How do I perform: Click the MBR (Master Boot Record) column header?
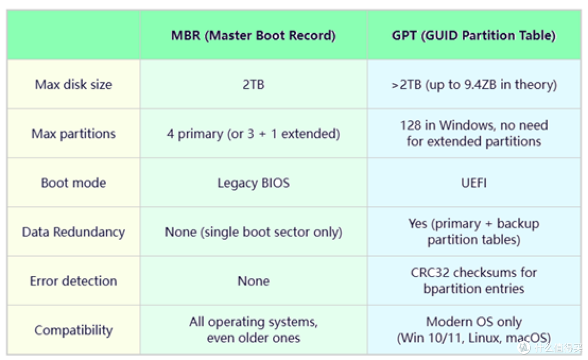click(254, 35)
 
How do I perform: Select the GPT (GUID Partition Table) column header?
click(474, 35)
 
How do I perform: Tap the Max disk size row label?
click(73, 84)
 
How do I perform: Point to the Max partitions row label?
click(73, 133)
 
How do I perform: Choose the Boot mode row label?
click(73, 182)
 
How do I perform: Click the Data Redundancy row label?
click(73, 232)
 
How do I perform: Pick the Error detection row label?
click(73, 281)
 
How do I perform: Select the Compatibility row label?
click(73, 330)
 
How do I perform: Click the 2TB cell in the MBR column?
click(254, 84)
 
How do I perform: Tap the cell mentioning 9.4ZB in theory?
click(474, 84)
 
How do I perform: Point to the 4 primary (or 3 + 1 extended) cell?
click(254, 133)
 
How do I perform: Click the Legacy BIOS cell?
click(254, 182)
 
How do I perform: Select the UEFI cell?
click(474, 182)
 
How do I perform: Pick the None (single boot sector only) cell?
click(254, 232)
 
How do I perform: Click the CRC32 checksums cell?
click(474, 280)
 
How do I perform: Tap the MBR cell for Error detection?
click(254, 281)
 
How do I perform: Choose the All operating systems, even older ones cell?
click(254, 330)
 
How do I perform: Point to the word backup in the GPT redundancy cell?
click(518, 223)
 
